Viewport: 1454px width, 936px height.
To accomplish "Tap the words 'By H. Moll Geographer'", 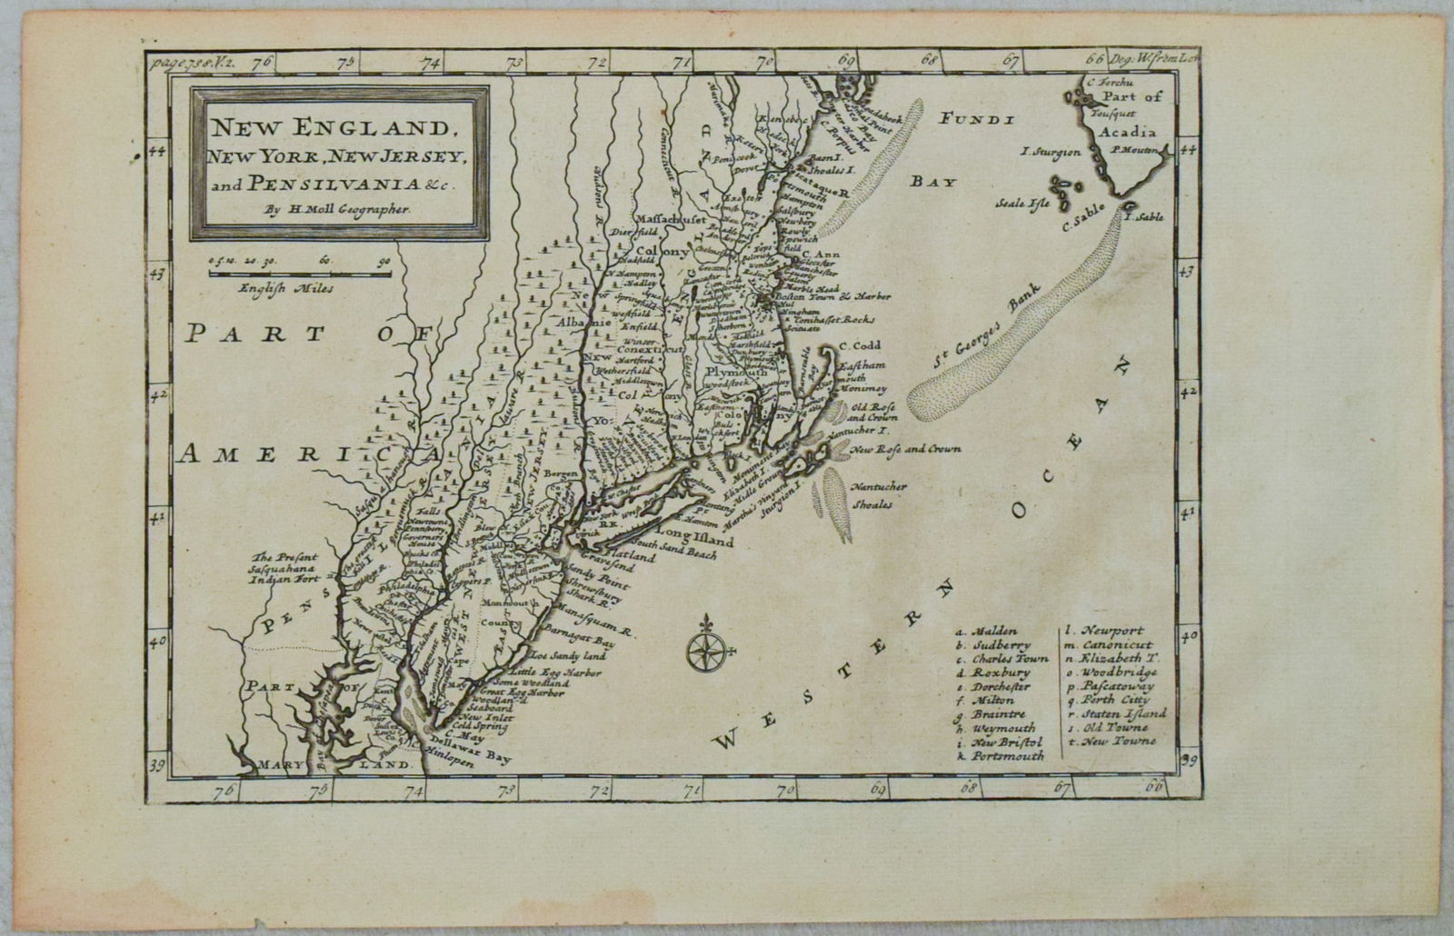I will click(x=338, y=208).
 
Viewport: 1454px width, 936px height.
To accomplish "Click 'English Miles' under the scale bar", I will click(x=287, y=289).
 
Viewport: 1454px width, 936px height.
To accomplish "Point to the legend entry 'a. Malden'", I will click(x=987, y=631).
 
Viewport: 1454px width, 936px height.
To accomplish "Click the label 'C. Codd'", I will click(x=856, y=344).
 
